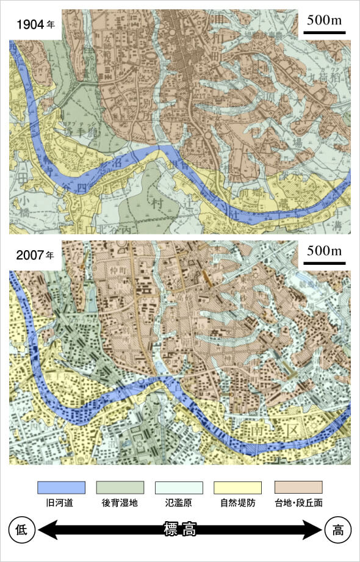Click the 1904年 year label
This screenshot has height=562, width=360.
[x=35, y=26]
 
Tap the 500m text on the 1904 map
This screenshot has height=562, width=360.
[x=324, y=21]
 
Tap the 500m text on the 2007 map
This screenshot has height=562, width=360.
[x=324, y=251]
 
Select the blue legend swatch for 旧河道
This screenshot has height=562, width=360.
[x=61, y=487]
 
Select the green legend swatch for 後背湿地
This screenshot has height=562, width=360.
[x=120, y=487]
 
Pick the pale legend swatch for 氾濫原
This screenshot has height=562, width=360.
[x=179, y=487]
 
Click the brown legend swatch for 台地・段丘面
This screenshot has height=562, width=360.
[x=298, y=487]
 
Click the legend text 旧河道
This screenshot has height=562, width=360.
[x=61, y=505]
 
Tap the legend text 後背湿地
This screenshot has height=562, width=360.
[x=120, y=505]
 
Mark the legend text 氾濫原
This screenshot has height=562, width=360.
[x=179, y=505]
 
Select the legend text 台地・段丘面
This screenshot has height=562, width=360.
[x=298, y=505]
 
